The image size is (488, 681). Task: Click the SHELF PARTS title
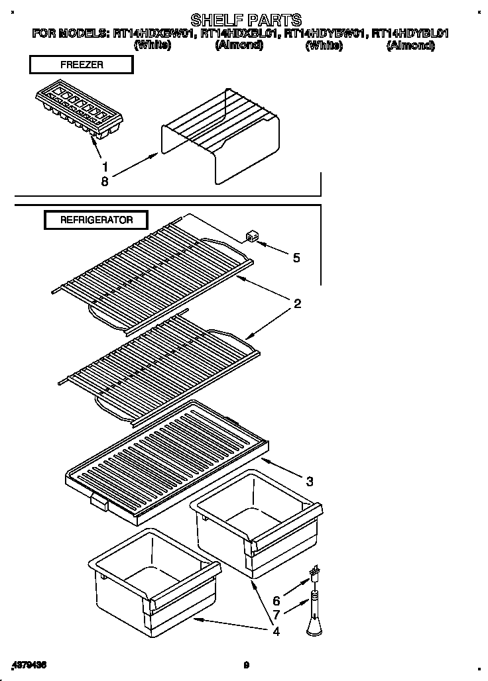pos(246,19)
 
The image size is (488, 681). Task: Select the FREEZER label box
pos(80,64)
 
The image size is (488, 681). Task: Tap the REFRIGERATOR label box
pos(96,220)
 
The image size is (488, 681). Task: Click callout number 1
pos(103,166)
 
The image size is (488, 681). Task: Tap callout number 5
pos(296,258)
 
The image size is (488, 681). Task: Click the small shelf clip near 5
pos(251,237)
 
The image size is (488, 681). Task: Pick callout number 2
pos(297,304)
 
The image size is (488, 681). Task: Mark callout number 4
pos(276,631)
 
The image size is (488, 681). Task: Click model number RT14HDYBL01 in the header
pos(409,33)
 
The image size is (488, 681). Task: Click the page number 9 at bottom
pos(245,665)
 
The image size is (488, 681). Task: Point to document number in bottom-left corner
pos(29,664)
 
